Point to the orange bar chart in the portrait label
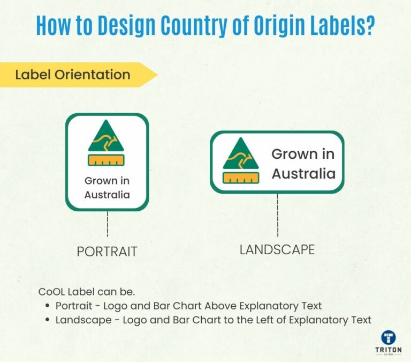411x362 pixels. (105, 159)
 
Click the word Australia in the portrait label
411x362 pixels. (107, 195)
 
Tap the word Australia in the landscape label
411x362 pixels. (303, 174)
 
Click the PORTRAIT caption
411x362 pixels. (107, 252)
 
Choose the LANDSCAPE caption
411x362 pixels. (277, 249)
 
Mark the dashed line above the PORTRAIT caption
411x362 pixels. (108, 224)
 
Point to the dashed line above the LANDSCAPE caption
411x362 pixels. (277, 215)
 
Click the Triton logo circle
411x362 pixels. (389, 338)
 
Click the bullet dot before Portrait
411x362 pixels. (48, 306)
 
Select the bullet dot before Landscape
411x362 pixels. (48, 320)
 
